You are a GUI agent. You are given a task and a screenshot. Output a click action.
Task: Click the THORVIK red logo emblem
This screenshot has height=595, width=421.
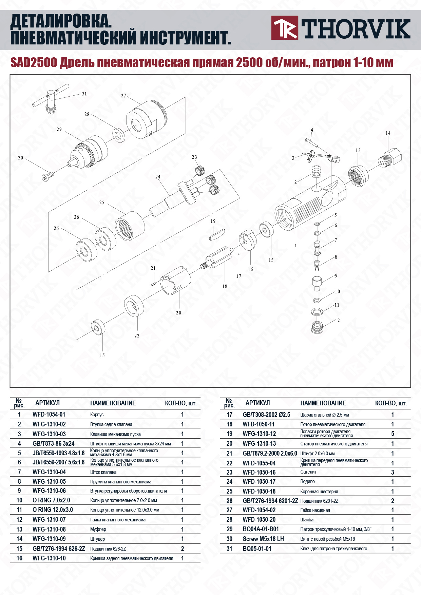point(285,27)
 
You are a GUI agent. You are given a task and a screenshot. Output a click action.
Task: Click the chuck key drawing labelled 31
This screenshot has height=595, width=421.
point(48,102)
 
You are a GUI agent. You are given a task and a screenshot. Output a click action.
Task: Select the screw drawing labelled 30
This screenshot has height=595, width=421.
point(47,176)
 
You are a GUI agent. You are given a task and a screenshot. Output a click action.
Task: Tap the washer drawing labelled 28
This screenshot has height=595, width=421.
point(118,135)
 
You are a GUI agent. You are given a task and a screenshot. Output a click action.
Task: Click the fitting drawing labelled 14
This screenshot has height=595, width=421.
point(390,157)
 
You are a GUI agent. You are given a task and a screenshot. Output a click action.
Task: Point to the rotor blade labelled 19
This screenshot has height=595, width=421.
point(217,234)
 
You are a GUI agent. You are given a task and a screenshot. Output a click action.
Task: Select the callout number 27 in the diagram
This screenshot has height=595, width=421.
point(123,96)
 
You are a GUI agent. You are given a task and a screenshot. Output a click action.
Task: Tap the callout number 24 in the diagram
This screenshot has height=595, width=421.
point(158,177)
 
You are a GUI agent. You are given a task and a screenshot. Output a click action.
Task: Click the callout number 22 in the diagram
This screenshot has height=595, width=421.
point(137,336)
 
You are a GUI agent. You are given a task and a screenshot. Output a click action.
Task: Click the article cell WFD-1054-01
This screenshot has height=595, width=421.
point(49,414)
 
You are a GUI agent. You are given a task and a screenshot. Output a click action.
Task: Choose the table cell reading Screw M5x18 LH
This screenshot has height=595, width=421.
point(263,539)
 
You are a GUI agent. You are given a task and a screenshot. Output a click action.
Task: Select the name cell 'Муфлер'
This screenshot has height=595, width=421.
point(98,529)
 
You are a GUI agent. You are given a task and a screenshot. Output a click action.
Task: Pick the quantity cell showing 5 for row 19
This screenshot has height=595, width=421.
point(393,434)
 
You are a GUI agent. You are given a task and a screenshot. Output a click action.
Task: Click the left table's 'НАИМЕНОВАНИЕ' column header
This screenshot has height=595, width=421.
point(113,403)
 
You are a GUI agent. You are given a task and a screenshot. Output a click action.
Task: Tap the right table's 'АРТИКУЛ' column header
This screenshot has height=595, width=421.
point(257,403)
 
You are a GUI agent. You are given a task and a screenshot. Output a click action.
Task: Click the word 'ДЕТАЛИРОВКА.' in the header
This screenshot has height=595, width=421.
point(61,22)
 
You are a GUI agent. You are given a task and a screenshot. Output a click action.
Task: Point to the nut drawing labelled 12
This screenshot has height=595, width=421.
point(317,327)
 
